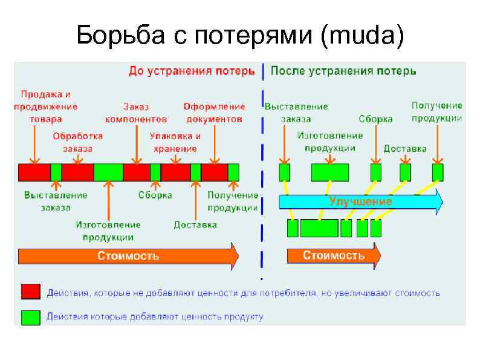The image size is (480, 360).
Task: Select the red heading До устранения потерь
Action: tap(192, 71)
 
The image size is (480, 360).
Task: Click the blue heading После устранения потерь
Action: tap(343, 71)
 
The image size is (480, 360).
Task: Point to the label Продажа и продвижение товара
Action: tap(46, 106)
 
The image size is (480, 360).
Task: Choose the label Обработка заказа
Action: tap(77, 142)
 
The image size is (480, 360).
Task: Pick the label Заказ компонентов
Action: tap(136, 113)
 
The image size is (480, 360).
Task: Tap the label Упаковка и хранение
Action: tap(175, 142)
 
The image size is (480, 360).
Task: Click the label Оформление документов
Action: tap(214, 113)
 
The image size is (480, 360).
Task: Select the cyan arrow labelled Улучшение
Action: tap(360, 201)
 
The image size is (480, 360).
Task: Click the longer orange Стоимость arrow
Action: tap(129, 256)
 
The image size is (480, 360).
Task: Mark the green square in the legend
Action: tap(30, 317)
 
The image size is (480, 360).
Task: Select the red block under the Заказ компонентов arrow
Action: tap(136, 172)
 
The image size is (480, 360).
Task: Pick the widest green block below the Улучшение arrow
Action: tap(319, 228)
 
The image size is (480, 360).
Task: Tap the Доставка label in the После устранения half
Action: tap(405, 148)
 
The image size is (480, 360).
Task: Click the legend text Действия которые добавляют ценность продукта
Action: tap(155, 317)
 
